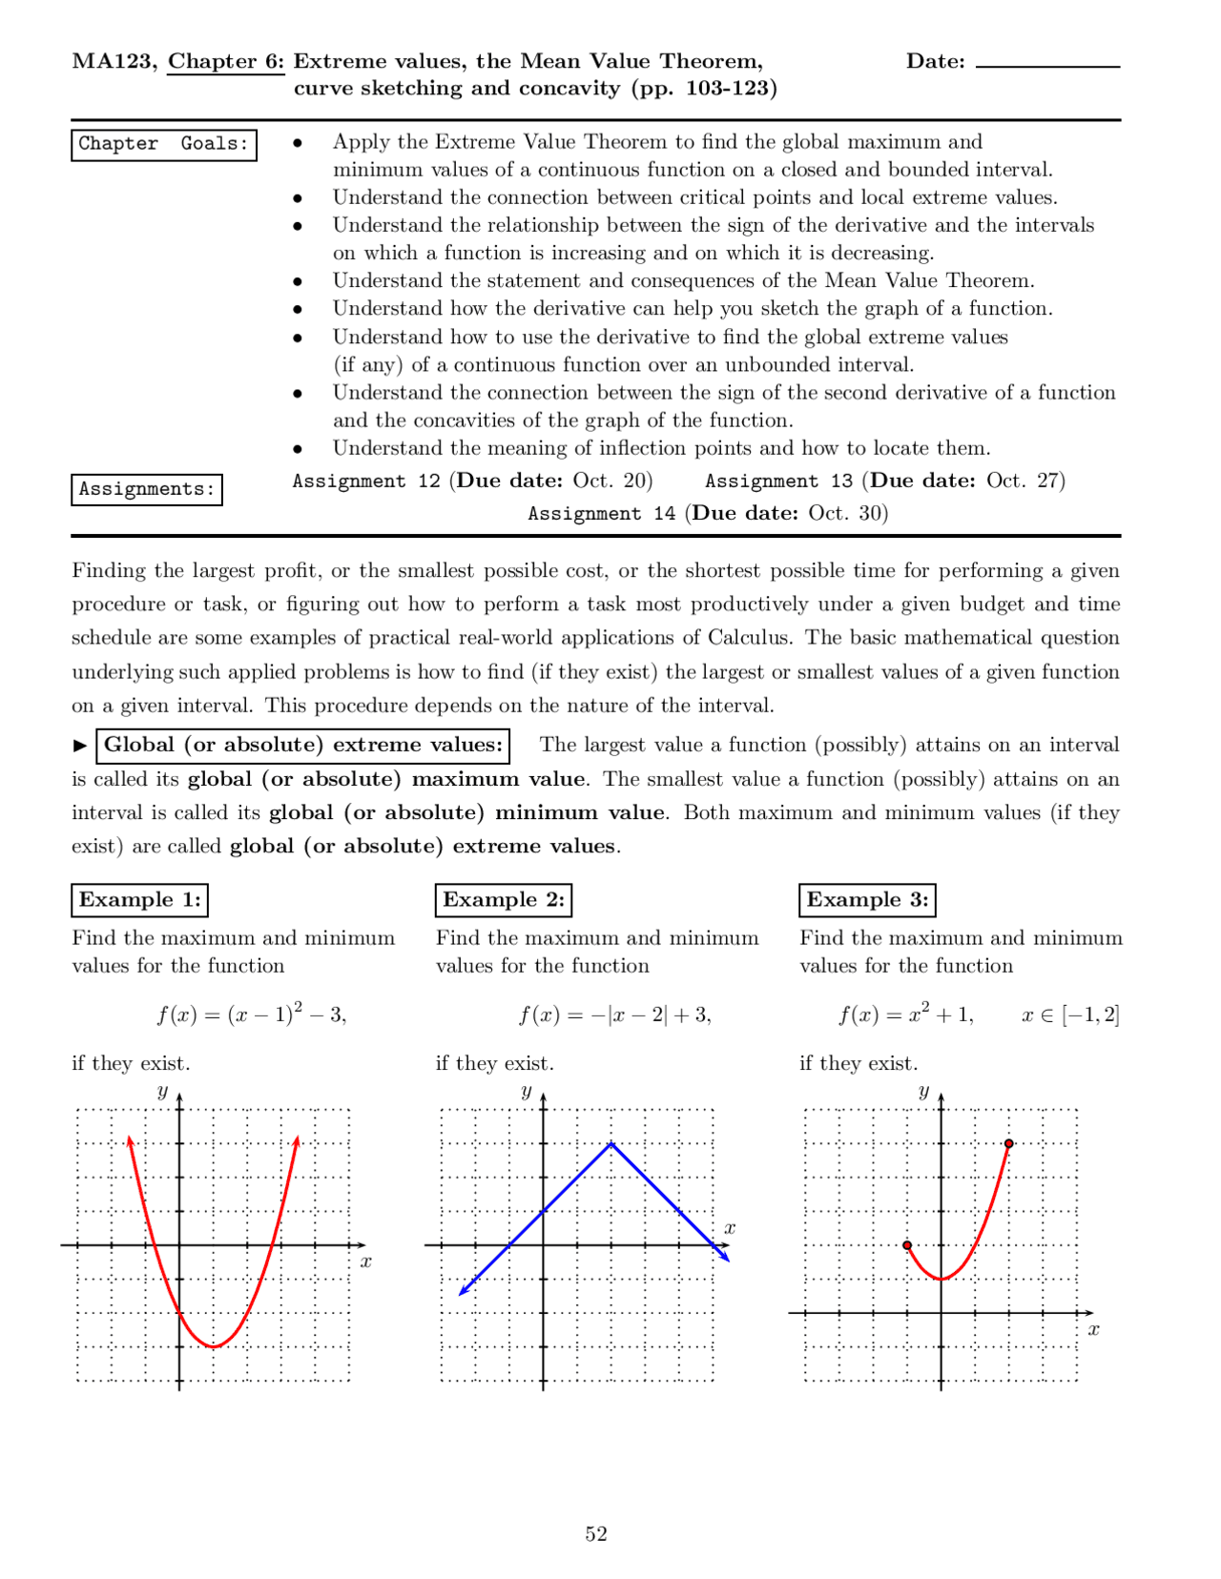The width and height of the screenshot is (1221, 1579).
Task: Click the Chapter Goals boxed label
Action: (164, 144)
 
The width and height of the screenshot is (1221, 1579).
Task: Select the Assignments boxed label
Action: (147, 489)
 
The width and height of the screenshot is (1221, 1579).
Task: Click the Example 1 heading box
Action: (140, 900)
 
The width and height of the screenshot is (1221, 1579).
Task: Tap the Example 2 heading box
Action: (504, 900)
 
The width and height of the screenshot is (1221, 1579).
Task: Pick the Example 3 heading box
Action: (867, 900)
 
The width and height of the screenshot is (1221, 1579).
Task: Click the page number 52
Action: (596, 1533)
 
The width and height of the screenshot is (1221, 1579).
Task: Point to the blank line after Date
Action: (1047, 65)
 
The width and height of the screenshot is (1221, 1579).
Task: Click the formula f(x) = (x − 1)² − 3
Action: (252, 1014)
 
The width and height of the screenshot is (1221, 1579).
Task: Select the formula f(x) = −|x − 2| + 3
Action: (615, 1015)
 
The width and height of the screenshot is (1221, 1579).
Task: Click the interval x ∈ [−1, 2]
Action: (1069, 1015)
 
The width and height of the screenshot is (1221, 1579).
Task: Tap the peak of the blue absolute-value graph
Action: (611, 1142)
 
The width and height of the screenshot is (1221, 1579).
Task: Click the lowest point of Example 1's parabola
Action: (215, 1346)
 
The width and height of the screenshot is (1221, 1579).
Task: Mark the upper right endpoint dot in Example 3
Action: (1009, 1143)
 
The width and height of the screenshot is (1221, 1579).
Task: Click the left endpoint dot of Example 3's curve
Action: (907, 1245)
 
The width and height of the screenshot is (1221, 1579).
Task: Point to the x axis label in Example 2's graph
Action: (730, 1228)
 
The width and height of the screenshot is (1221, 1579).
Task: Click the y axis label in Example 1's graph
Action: (162, 1092)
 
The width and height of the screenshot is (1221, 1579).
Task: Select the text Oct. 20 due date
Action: (611, 481)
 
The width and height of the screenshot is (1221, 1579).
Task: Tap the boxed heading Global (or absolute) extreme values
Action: (303, 746)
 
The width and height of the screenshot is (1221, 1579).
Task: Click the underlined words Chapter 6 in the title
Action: (226, 62)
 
